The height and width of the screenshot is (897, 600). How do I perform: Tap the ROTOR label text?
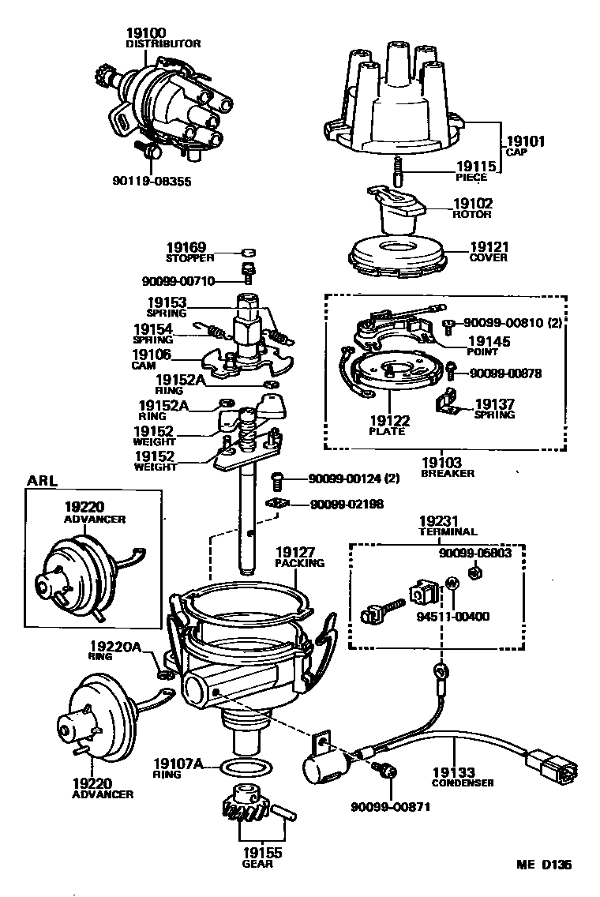click(x=472, y=214)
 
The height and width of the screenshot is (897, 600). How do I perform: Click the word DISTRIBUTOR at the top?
click(x=163, y=44)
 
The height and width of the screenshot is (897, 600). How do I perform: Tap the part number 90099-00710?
click(x=188, y=280)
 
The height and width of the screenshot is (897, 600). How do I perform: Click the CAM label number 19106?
click(x=151, y=355)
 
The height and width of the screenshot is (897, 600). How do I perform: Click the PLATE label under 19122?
click(x=386, y=431)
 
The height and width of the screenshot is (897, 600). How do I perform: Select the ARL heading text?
click(x=43, y=479)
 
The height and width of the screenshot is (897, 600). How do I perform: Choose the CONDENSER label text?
click(x=463, y=783)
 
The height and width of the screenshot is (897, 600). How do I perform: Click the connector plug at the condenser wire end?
click(x=552, y=765)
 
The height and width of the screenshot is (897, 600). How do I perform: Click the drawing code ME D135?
click(x=544, y=864)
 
